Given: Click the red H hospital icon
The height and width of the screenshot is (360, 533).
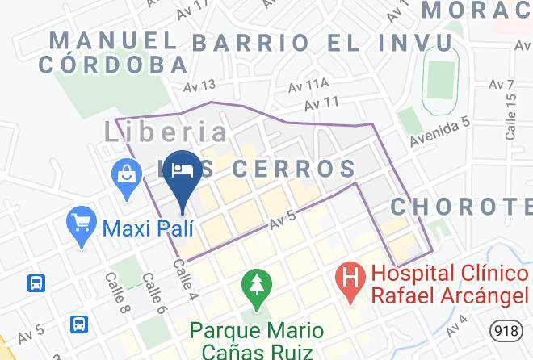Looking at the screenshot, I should tap(350, 283).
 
